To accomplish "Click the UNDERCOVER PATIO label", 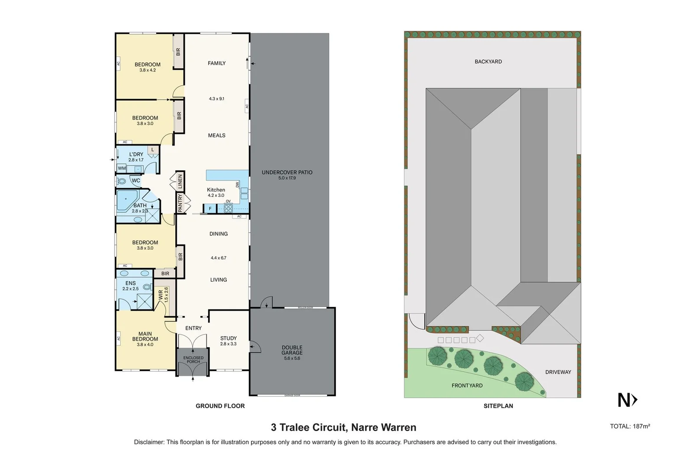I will pos(287,172).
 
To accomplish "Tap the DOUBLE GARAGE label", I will pos(292,350).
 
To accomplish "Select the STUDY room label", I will pos(228,338).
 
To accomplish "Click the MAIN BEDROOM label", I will pos(145,337).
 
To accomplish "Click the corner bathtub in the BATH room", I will pos(126,200).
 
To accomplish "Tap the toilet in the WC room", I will pos(121,181).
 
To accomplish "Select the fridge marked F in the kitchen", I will pos(210,209).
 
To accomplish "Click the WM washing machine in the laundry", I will pos(122,169).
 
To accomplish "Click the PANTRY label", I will pos(180,203).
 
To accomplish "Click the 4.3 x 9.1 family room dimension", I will pos(216,99).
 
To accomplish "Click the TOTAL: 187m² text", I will pos(630,426).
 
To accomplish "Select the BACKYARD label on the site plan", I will pos(488,62).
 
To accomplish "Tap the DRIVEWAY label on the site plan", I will pos(558,372).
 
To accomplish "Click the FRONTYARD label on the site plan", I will pos(467,385).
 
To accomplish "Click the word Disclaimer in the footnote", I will pos(149,442).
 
